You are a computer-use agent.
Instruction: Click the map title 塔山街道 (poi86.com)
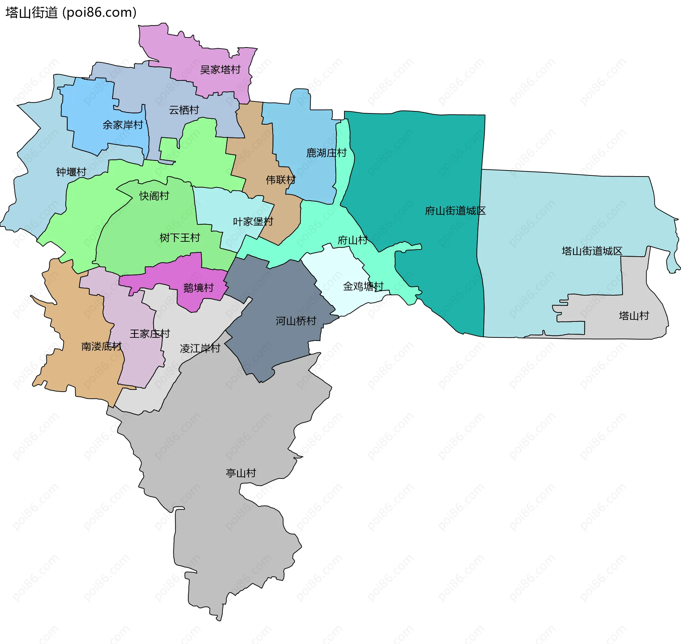(71, 13)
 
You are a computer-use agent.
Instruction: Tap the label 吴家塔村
(220, 70)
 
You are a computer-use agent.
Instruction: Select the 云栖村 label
(184, 110)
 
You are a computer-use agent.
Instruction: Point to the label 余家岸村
(123, 125)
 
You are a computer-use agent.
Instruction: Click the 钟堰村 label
(71, 172)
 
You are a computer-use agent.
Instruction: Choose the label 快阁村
(154, 196)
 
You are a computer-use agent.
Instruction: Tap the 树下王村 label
(180, 237)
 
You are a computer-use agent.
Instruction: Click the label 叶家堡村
(253, 222)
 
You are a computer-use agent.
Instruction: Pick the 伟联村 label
(281, 180)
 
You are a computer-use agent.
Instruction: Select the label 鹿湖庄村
(326, 153)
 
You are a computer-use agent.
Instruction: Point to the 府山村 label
(353, 240)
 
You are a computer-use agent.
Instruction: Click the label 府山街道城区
(455, 211)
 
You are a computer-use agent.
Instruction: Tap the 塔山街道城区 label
(592, 251)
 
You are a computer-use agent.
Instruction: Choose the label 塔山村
(634, 315)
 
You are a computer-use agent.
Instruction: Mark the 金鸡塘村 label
(363, 286)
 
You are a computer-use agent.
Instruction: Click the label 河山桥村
(296, 321)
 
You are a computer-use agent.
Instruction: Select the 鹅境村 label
(198, 287)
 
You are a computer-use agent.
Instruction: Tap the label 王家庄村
(150, 334)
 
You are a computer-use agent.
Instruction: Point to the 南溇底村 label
(101, 346)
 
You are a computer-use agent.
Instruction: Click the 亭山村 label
(241, 473)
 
